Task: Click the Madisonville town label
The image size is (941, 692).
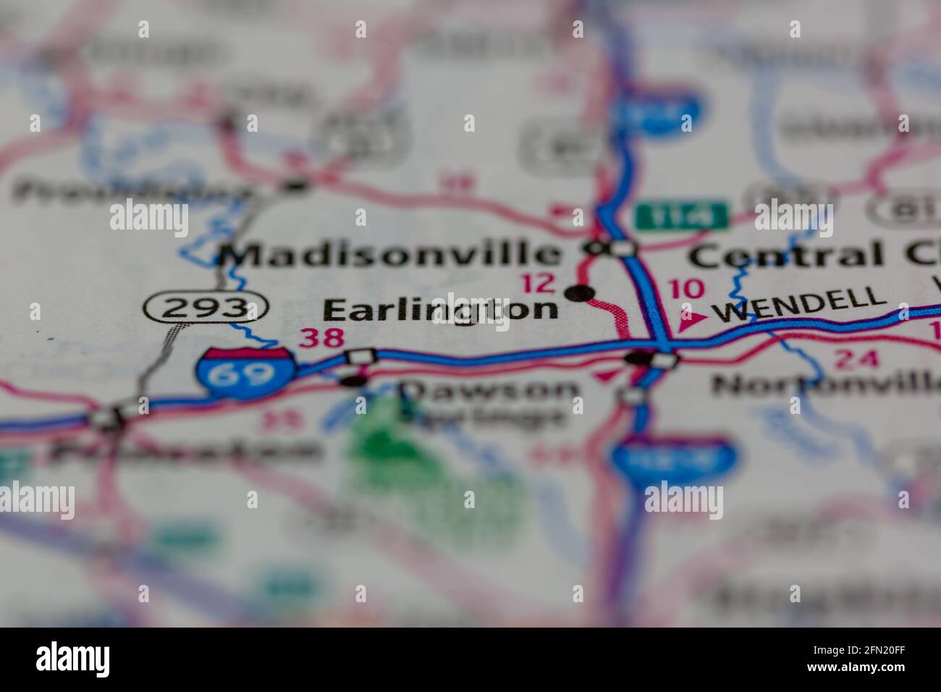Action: pyautogui.click(x=391, y=254)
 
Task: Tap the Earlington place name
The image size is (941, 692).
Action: pyautogui.click(x=440, y=310)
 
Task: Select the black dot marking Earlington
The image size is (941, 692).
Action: pyautogui.click(x=579, y=293)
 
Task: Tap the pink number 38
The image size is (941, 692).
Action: pyautogui.click(x=322, y=339)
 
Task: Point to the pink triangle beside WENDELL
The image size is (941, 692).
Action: pyautogui.click(x=689, y=317)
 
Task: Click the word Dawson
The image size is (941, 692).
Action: pyautogui.click(x=489, y=391)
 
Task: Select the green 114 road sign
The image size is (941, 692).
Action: pyautogui.click(x=681, y=215)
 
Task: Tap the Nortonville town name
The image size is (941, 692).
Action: pyautogui.click(x=825, y=385)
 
